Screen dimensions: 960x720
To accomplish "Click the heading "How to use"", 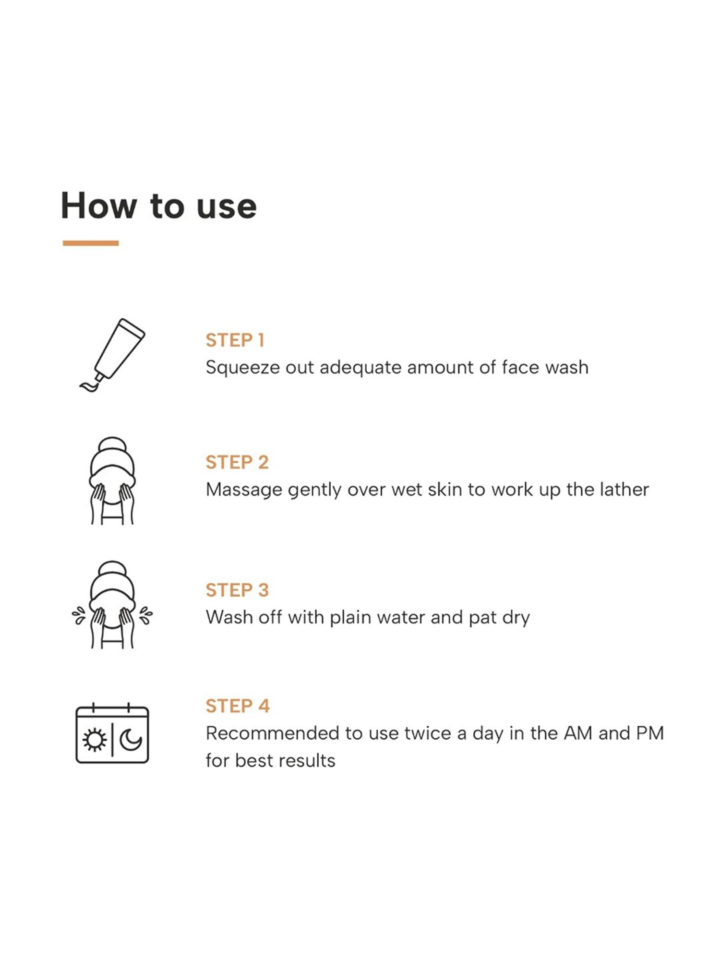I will (x=158, y=206).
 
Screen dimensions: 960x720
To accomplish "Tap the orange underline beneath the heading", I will (x=91, y=243).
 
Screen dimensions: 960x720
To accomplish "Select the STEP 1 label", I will (x=235, y=340).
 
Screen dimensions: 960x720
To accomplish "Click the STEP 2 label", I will (x=237, y=462).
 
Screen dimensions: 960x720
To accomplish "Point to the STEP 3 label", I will (x=237, y=590).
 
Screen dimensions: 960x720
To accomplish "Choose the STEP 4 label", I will (x=238, y=706).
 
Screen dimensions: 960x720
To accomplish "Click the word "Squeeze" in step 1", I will (x=242, y=368).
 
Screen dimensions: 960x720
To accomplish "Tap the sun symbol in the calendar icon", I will (x=94, y=740).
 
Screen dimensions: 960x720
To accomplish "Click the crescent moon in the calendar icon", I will (x=131, y=740).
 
